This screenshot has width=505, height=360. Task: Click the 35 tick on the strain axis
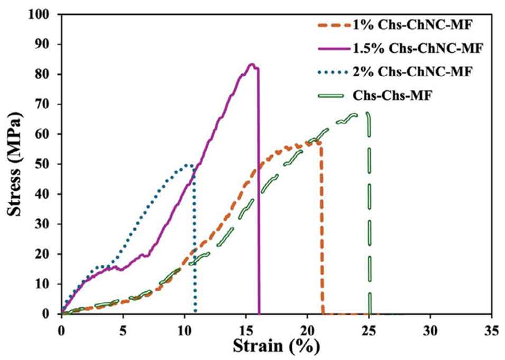click(492, 328)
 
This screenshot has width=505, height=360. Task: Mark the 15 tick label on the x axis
click(246, 328)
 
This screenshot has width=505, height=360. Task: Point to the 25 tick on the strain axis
click(369, 328)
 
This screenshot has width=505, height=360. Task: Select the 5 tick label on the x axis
click(123, 328)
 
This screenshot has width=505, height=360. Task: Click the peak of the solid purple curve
click(252, 64)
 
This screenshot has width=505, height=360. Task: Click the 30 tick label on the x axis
click(430, 328)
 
